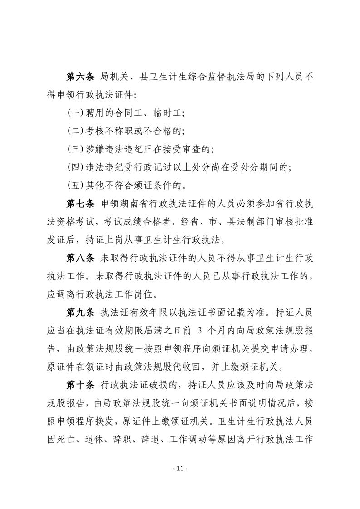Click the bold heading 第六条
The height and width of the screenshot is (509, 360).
[80, 78]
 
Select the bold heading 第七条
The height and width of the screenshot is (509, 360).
[80, 203]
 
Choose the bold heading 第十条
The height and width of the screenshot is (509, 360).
[80, 386]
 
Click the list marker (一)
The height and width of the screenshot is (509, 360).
[75, 113]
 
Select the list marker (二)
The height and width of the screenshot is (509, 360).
[75, 131]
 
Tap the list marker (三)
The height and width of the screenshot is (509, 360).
[75, 149]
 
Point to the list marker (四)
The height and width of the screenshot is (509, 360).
[75, 167]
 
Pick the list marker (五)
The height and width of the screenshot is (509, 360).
[75, 185]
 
